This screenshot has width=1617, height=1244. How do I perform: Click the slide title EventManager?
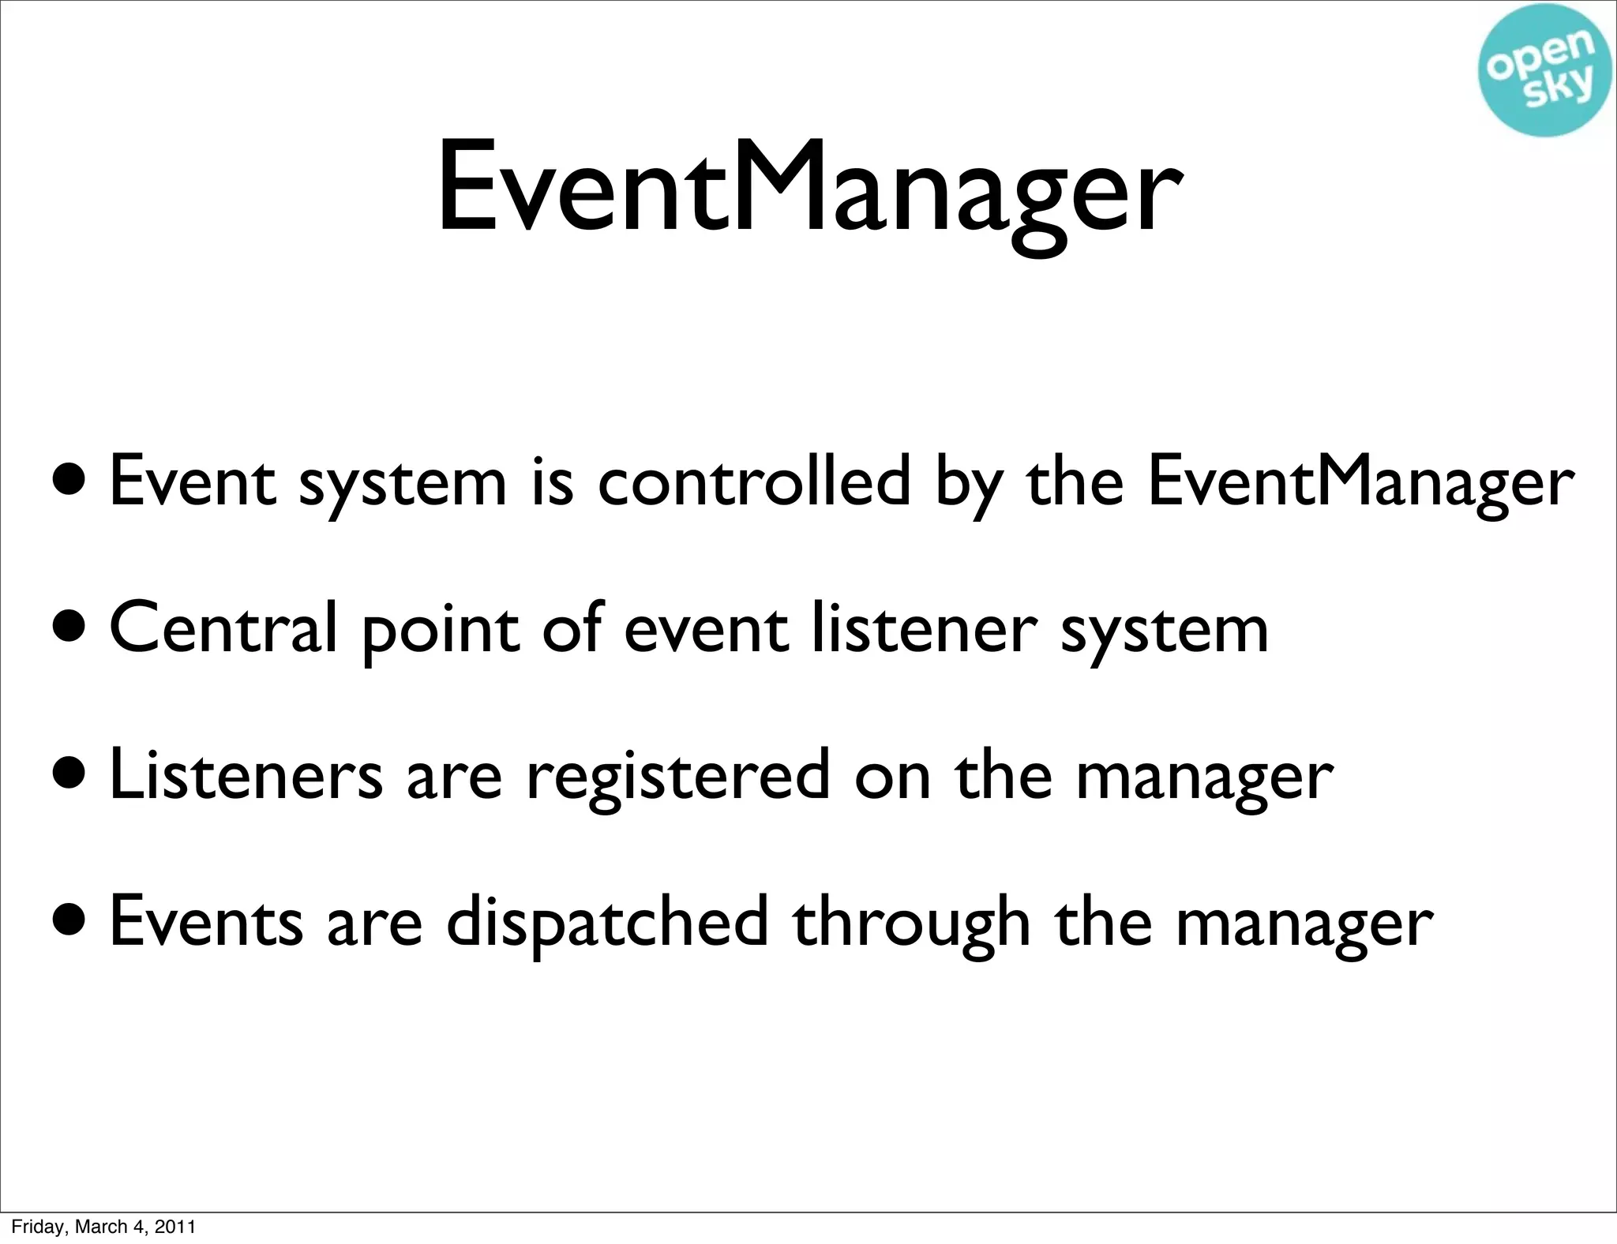[x=808, y=189]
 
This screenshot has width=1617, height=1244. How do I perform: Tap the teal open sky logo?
[x=1546, y=71]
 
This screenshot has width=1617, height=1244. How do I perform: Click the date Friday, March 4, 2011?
[x=103, y=1226]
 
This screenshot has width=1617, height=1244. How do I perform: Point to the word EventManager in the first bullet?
[x=1360, y=483]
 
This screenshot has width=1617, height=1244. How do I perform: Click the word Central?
[x=223, y=629]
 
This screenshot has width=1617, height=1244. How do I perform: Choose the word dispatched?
[x=606, y=922]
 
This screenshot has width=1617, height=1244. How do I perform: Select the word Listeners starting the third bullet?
[x=246, y=775]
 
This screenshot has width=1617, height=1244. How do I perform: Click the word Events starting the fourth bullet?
[x=206, y=922]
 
